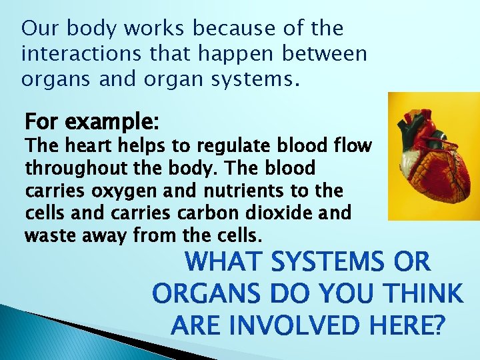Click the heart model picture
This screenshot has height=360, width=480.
tap(434, 156)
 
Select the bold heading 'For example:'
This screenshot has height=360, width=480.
tap(92, 123)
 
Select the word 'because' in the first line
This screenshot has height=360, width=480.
tap(217, 29)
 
